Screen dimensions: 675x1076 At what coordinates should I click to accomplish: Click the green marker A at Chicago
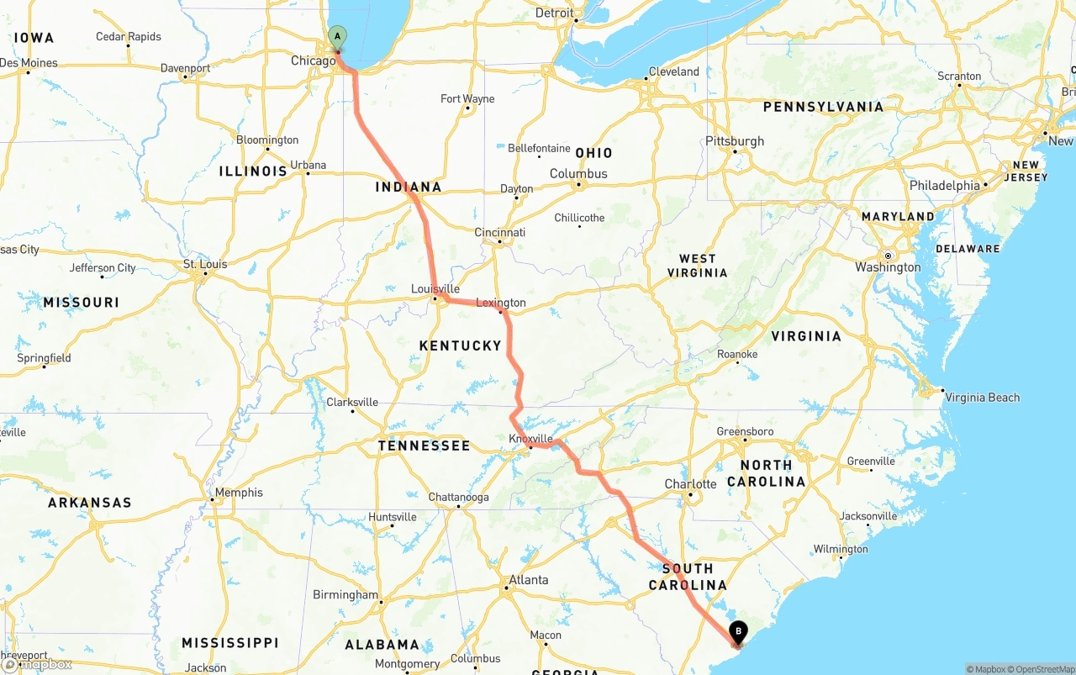pos(336,37)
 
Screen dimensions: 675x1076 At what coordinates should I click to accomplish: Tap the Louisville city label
pos(435,288)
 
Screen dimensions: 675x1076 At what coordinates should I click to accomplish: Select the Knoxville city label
pos(530,438)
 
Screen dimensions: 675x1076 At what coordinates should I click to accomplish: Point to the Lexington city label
pos(501,303)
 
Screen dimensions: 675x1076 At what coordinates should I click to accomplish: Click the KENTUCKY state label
pos(460,345)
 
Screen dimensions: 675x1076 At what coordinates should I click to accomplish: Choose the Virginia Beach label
pos(982,398)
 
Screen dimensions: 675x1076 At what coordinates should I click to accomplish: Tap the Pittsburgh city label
pos(735,140)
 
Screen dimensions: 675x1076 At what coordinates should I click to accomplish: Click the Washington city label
pos(888,267)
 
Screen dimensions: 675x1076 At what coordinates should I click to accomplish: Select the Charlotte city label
pos(690,484)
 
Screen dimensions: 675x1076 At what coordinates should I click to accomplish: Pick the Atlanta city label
pos(529,580)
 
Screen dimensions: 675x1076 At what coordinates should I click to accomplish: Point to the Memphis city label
pos(239,493)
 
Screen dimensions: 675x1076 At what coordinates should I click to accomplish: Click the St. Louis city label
pos(205,264)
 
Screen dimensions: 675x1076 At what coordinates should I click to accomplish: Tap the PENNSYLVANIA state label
pos(823,107)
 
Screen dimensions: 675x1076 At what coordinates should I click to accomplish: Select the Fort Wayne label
pos(467,98)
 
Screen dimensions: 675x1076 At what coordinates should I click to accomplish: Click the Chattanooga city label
pos(458,497)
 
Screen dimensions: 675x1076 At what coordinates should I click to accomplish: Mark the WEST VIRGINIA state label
pos(698,266)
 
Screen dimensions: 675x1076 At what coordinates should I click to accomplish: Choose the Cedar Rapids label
pos(129,36)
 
